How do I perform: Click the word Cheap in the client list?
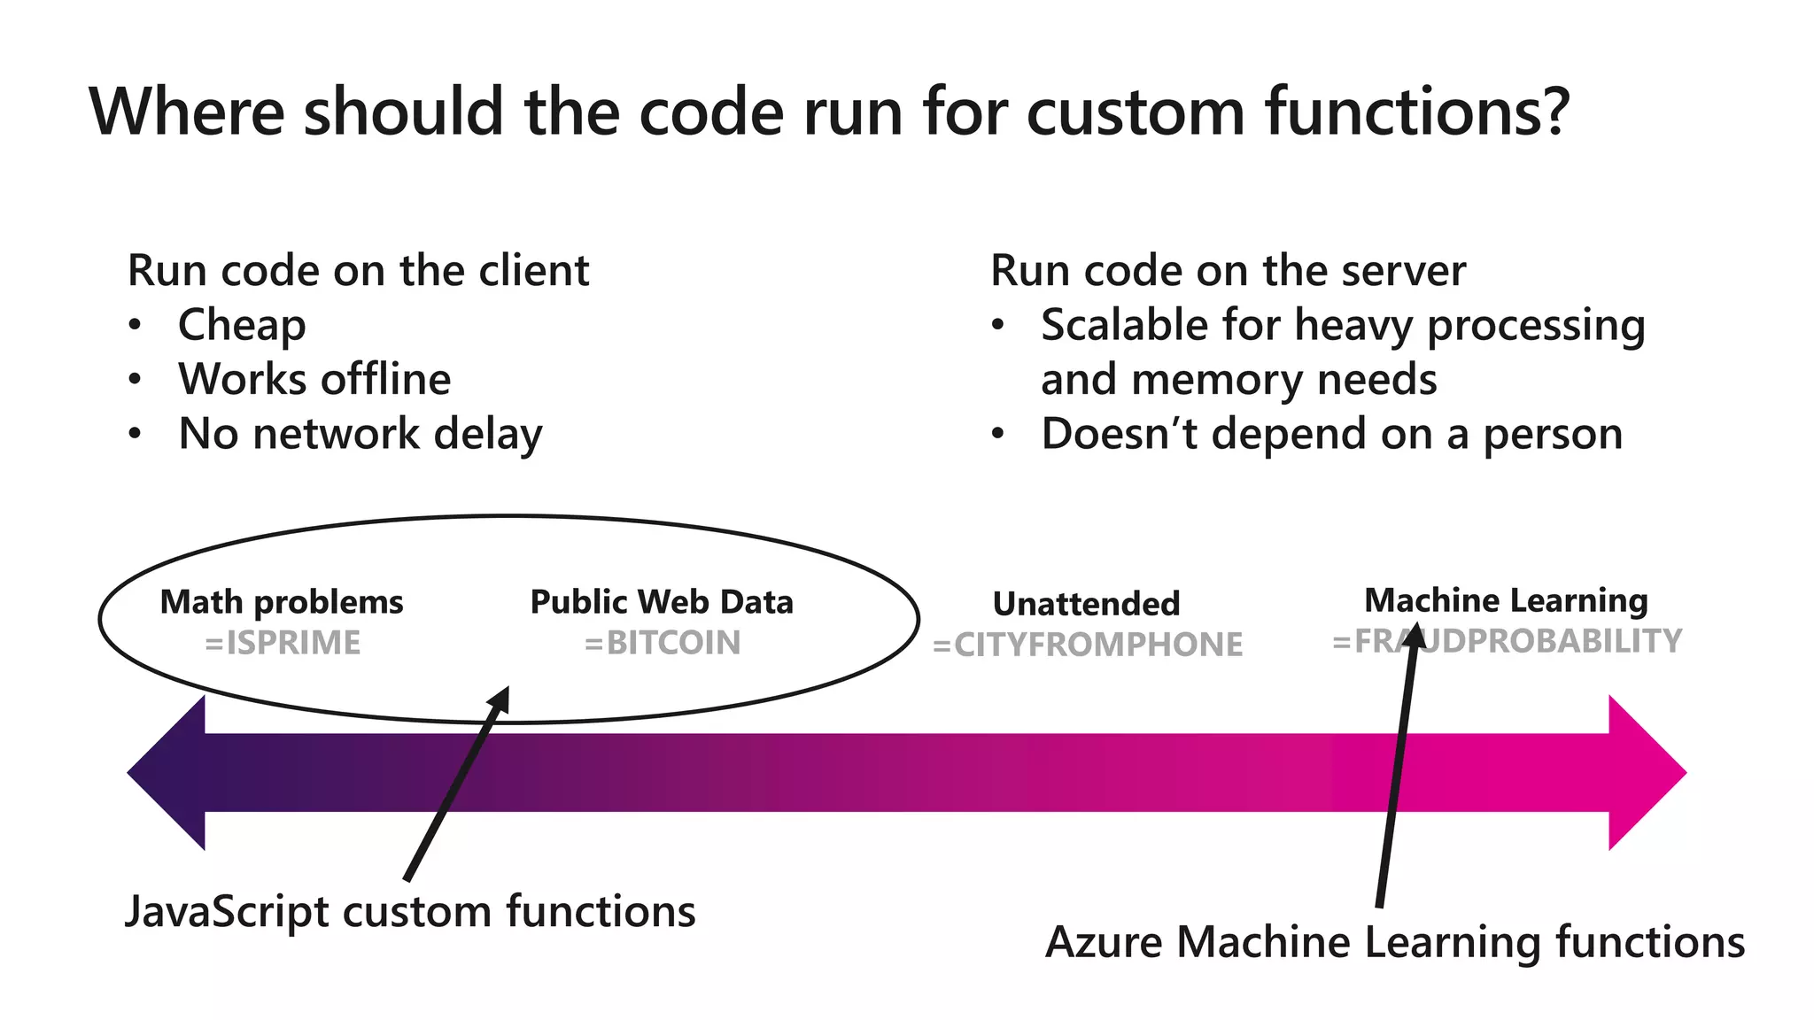(242, 325)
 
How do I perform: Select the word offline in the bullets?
(385, 379)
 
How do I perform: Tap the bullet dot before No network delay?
(134, 434)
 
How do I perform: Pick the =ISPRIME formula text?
(283, 643)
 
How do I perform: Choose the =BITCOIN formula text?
(663, 643)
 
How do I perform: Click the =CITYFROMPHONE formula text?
(1088, 645)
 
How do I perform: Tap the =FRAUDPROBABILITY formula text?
(1508, 641)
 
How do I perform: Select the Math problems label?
(282, 602)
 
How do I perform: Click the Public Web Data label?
(662, 602)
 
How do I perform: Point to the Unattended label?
(1086, 604)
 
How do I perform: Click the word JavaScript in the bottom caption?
(227, 912)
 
